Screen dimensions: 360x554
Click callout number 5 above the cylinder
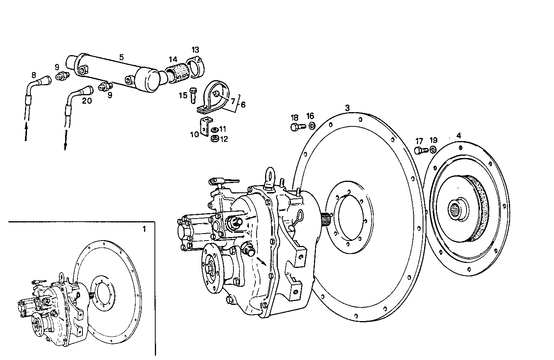pos(121,57)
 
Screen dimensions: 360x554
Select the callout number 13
pos(195,50)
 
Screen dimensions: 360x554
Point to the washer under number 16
pos(311,126)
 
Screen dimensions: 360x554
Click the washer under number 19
pos(433,150)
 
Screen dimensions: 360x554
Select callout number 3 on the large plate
pos(347,108)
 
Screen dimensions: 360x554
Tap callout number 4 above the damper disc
pos(458,136)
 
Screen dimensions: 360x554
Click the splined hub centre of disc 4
pos(457,211)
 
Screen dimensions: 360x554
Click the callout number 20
pos(87,101)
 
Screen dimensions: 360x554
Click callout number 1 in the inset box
pos(144,229)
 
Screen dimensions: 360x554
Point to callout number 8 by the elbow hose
pos(34,75)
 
